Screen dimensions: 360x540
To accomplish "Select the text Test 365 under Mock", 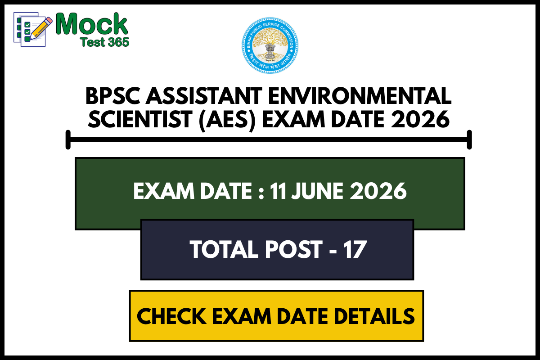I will click(104, 42).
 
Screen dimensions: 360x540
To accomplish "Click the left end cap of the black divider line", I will click(68, 139).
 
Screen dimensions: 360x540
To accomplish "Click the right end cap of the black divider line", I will click(469, 139).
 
